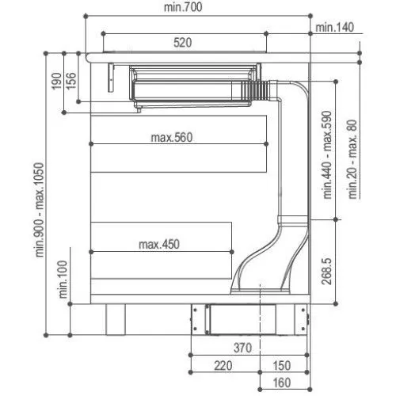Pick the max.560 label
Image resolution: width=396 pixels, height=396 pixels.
pos(172,136)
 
